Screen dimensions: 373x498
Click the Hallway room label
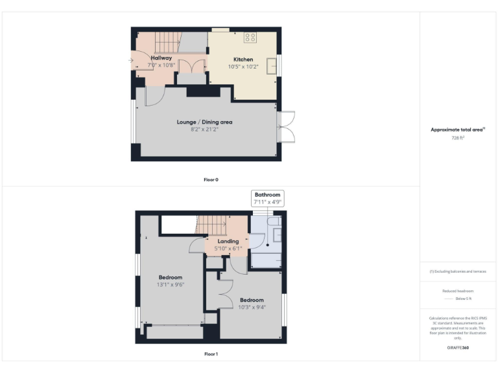coord(160,58)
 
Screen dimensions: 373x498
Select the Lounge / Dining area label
coord(204,122)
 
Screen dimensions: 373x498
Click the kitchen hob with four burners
coord(250,37)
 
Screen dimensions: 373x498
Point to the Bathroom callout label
coord(267,195)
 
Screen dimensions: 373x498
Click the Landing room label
coord(228,242)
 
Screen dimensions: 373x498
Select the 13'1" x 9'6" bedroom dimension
coord(171,284)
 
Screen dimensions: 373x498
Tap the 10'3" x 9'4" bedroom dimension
coord(252,306)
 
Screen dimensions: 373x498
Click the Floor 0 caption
coord(211,179)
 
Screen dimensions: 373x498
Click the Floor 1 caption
coord(211,354)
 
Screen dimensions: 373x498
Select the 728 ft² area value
coord(458,138)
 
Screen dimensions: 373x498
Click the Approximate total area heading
coord(457,130)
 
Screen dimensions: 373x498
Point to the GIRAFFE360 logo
coord(458,348)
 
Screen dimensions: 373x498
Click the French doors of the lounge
coord(286,126)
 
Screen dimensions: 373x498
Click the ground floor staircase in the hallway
coord(167,43)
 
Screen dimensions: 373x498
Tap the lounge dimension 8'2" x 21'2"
coord(204,129)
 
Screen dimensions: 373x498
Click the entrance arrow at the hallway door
coord(131,61)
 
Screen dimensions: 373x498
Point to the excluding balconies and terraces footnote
coord(458,271)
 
